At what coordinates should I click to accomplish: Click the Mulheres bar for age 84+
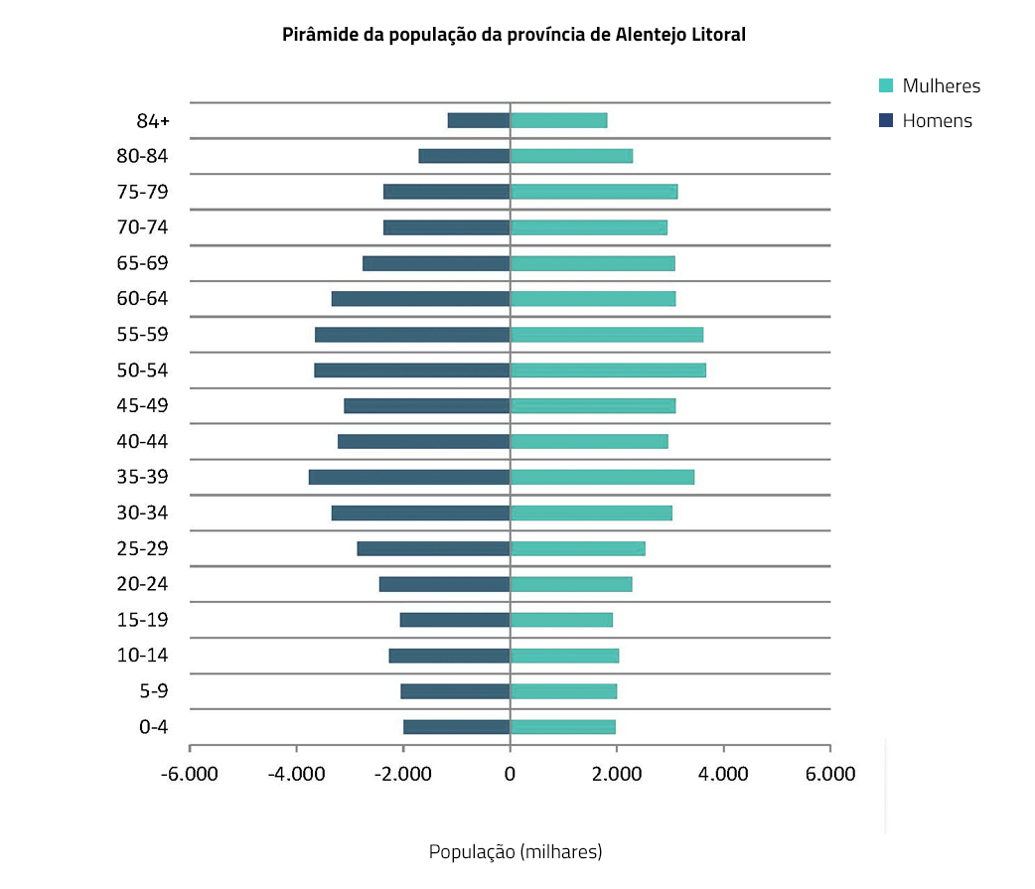click(x=558, y=120)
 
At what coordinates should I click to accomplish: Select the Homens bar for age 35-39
click(x=409, y=477)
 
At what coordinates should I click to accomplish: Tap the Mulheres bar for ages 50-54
click(x=608, y=370)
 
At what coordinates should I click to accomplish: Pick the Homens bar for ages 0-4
click(x=457, y=727)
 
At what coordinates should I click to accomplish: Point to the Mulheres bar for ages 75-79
click(x=594, y=192)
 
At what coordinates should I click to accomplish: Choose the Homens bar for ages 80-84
click(x=464, y=156)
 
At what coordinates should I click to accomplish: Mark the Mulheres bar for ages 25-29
click(x=577, y=548)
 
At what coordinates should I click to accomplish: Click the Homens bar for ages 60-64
click(x=420, y=299)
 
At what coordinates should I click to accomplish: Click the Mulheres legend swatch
click(x=887, y=85)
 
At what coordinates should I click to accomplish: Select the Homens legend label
click(x=937, y=121)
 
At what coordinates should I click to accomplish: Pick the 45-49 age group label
click(x=142, y=405)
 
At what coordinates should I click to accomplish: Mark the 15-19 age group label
click(x=142, y=620)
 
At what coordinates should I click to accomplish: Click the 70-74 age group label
click(x=142, y=227)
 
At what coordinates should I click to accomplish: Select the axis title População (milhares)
click(x=515, y=852)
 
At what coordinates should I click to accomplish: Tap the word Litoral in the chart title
click(x=715, y=35)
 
